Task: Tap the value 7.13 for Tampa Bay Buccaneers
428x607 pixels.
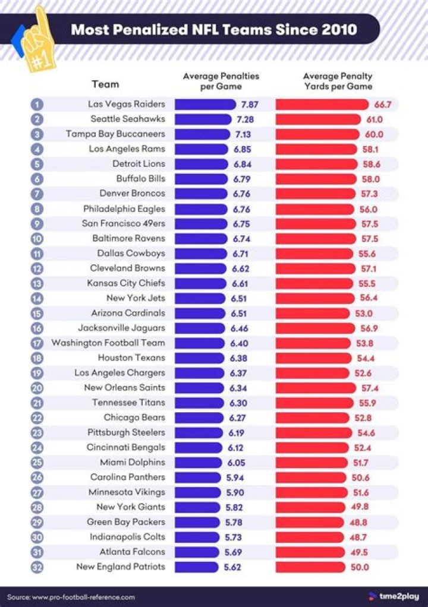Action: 246,134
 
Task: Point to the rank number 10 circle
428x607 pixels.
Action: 37,239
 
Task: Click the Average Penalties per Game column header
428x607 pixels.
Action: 221,81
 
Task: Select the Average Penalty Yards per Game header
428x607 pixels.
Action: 338,81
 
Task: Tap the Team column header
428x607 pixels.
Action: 105,84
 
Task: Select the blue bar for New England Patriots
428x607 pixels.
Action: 196,567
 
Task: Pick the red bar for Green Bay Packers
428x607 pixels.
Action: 309,522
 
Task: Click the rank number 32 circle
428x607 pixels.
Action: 37,567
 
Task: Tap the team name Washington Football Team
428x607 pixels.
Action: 108,343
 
